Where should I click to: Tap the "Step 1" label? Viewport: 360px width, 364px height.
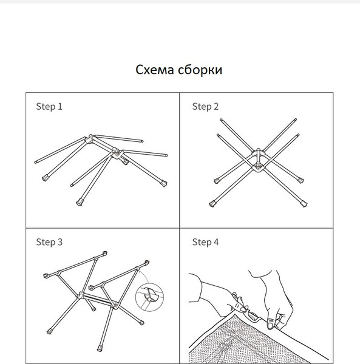coord(49,107)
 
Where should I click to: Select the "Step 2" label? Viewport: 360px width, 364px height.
coord(205,107)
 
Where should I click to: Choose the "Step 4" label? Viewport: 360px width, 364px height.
coord(205,242)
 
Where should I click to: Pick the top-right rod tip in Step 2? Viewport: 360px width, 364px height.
coord(297,119)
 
